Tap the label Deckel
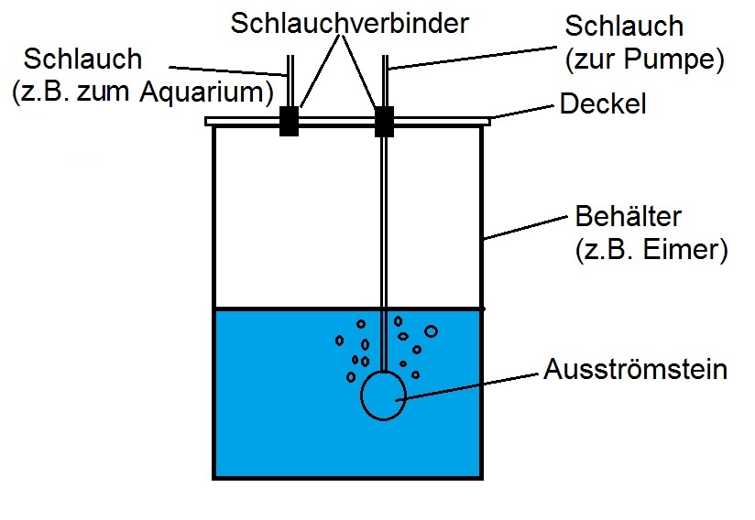tap(603, 104)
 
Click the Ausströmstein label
tap(635, 371)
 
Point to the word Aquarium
tap(213, 92)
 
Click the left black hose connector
tap(289, 122)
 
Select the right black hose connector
tap(384, 121)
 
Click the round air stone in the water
tap(383, 395)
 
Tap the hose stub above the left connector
tap(289, 82)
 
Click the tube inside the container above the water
tap(384, 220)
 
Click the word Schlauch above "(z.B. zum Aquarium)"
tap(83, 60)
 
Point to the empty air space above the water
tap(293, 220)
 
